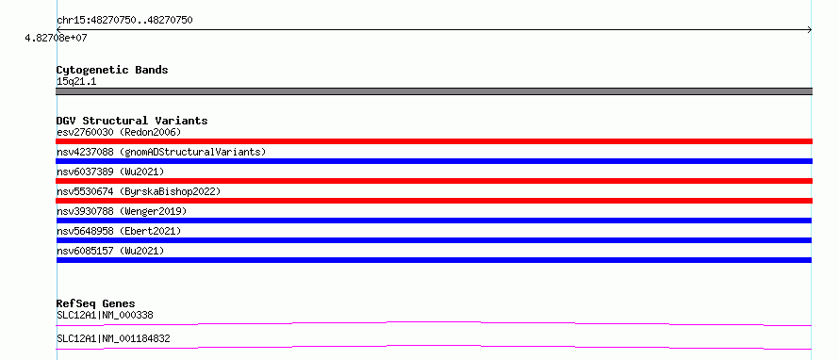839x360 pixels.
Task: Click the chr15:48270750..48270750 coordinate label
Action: pos(124,21)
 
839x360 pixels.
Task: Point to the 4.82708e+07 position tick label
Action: pos(56,38)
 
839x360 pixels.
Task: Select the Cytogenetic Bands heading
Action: pos(112,70)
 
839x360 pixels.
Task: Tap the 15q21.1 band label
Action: pos(76,82)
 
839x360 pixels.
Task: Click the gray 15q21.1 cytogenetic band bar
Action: pos(434,91)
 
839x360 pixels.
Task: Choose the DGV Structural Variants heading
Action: pos(132,121)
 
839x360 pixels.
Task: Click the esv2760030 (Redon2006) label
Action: pos(120,132)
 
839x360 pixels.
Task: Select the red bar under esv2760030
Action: pos(434,141)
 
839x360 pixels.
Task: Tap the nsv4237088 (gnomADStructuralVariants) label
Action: pos(161,152)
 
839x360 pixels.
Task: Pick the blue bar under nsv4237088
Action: pos(434,161)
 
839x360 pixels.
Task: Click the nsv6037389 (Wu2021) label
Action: pos(110,172)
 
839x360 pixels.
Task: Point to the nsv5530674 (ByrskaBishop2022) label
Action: pos(139,191)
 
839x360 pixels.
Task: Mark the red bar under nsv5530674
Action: pos(434,201)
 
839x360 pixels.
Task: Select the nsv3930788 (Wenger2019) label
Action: pos(122,211)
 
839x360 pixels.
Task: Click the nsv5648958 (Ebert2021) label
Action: pos(119,231)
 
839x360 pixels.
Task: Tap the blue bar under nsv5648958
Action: pos(434,240)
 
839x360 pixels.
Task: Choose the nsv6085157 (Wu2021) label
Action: pos(110,251)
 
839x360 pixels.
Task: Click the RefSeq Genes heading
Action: pos(96,303)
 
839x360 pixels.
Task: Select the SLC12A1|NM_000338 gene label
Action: pos(105,315)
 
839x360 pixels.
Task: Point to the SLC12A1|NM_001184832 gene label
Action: pos(113,338)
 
